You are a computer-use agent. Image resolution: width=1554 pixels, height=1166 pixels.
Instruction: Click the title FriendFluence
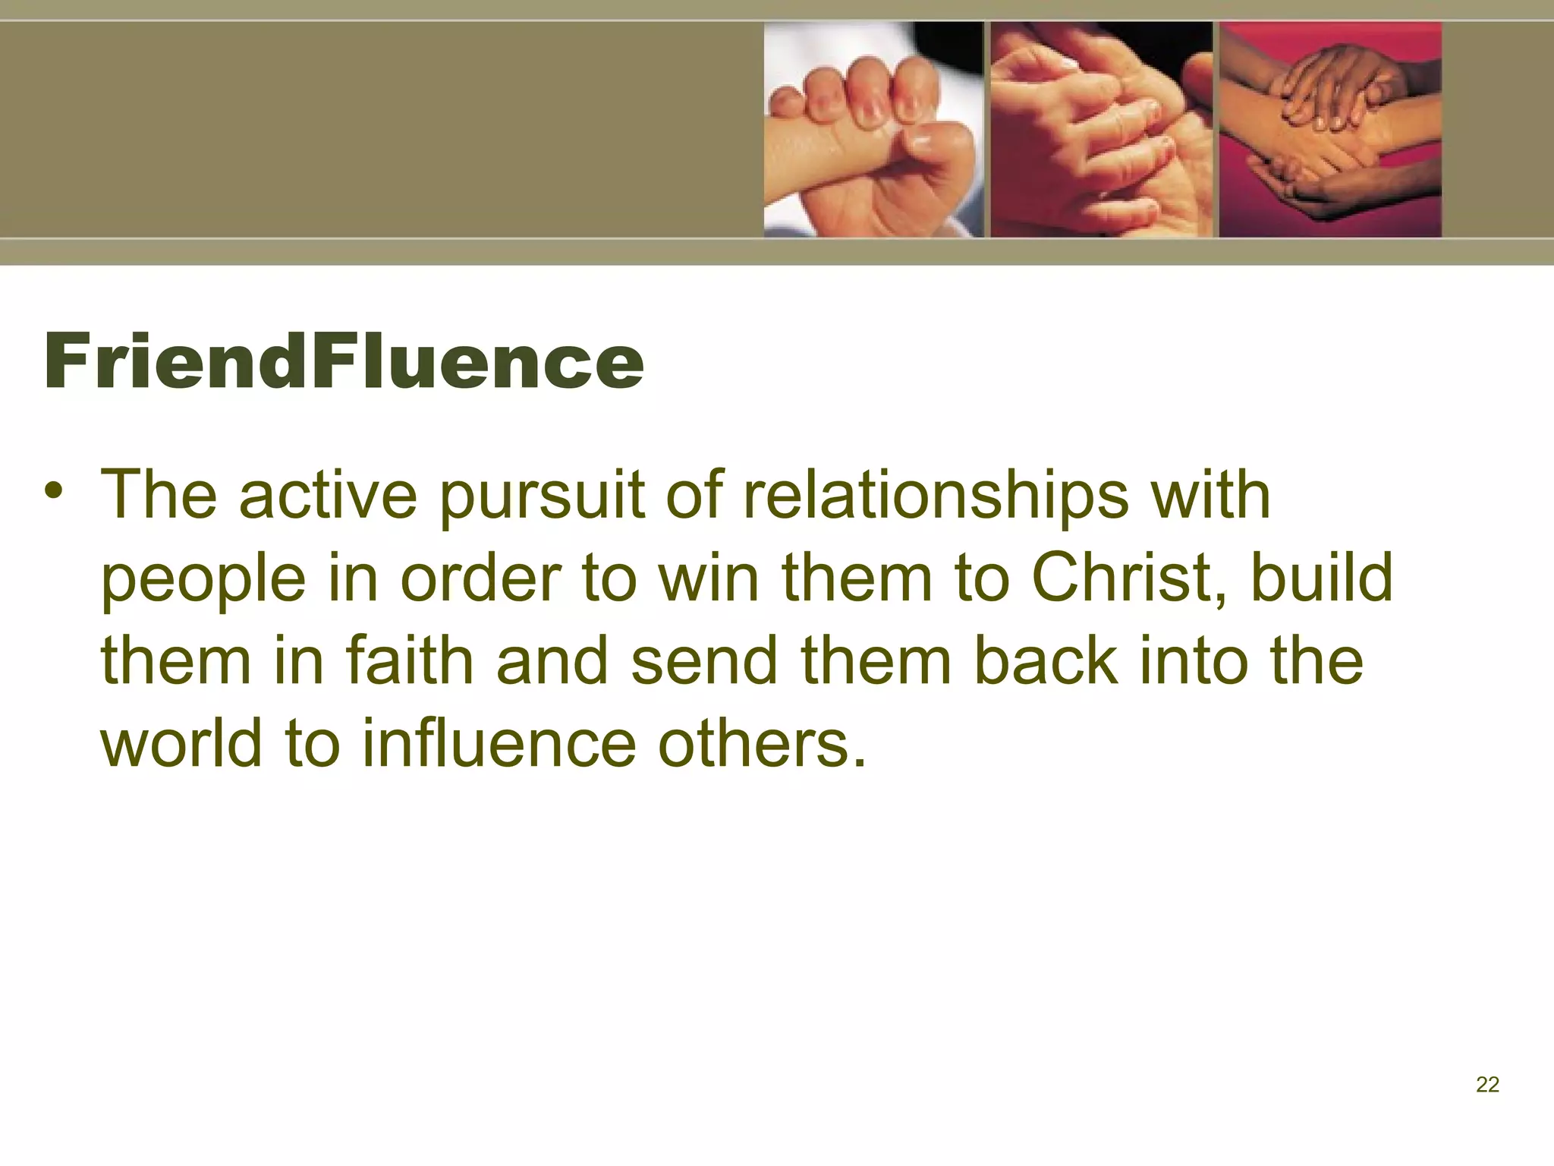344,362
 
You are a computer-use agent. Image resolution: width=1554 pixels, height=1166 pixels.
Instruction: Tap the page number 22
1487,1085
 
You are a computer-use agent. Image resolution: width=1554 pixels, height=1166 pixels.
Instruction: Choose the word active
328,495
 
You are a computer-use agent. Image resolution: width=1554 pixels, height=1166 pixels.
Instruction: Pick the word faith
410,660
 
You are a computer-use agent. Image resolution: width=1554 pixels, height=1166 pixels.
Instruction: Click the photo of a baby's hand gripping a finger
873,129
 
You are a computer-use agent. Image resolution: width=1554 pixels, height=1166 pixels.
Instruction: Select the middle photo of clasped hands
1101,129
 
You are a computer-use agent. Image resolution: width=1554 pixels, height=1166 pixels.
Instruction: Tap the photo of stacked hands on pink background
1330,129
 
